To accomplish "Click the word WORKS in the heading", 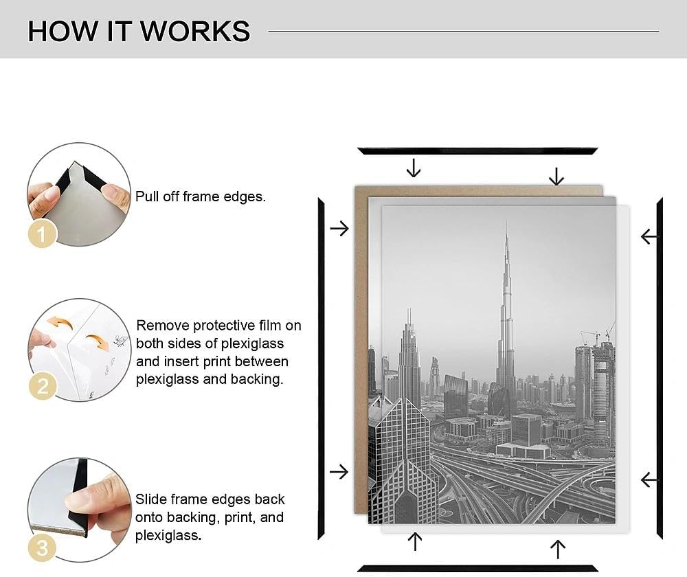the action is click(x=195, y=32).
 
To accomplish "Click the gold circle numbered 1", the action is click(x=42, y=234).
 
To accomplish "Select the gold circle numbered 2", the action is click(x=43, y=386).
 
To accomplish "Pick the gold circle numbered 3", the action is click(x=42, y=548).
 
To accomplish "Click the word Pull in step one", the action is click(x=147, y=196).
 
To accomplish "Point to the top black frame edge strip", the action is click(x=477, y=151).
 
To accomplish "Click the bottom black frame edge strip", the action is click(x=477, y=569).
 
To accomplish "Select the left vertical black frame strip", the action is click(x=321, y=369).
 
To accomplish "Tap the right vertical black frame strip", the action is click(x=660, y=368).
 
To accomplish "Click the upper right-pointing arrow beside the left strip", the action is click(x=339, y=228).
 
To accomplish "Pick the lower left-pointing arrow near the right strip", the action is click(x=649, y=479).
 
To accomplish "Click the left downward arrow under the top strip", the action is click(x=414, y=168).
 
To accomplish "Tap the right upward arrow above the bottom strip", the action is click(x=558, y=550).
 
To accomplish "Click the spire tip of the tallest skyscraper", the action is click(x=507, y=221).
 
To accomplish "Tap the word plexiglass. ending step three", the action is click(x=168, y=535).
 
